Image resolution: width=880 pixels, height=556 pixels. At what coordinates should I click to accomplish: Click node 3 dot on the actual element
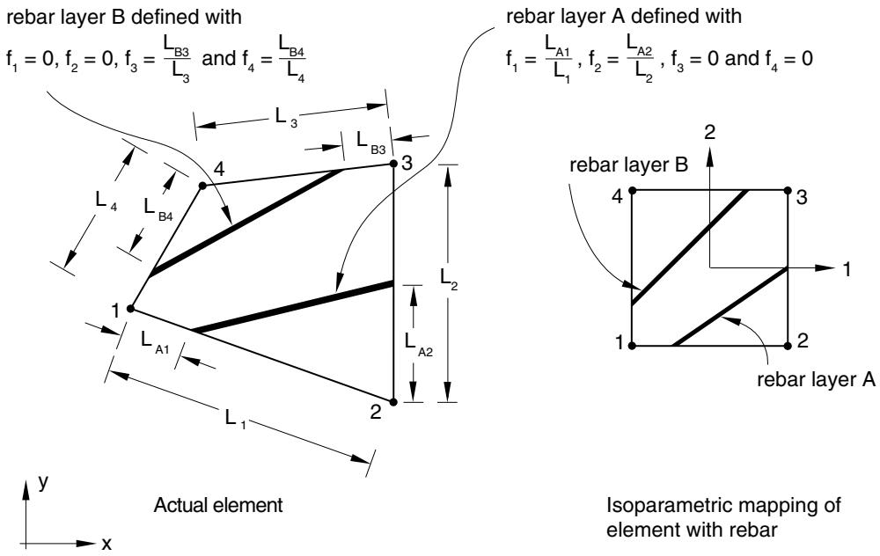[x=393, y=164]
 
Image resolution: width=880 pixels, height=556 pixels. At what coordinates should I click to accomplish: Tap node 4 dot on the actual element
[x=202, y=185]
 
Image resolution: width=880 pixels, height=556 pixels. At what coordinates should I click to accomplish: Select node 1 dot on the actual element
[x=130, y=309]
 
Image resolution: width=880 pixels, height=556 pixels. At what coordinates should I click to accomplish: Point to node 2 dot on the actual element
[x=393, y=402]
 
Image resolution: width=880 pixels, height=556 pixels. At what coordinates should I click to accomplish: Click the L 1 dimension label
[x=235, y=419]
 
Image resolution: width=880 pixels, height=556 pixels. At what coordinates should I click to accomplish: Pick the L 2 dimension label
[x=449, y=279]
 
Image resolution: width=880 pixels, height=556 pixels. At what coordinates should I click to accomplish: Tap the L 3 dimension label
[x=286, y=117]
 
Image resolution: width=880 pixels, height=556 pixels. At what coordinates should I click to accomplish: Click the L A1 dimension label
[x=155, y=342]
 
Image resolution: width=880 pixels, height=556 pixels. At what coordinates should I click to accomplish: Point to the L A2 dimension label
[x=419, y=343]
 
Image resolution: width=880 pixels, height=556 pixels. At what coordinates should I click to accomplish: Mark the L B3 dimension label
[x=371, y=142]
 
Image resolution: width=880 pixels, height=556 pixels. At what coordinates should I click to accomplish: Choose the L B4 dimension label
[x=158, y=209]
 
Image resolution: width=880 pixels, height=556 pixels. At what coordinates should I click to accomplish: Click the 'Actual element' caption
[x=218, y=505]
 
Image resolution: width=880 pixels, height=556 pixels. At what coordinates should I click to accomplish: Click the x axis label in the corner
[x=106, y=543]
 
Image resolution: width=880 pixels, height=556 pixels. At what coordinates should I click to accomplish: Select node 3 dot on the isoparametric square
[x=788, y=191]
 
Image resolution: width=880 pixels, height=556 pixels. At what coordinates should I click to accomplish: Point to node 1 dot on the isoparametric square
[x=633, y=346]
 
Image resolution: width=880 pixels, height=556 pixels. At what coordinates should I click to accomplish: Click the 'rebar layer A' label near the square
[x=816, y=380]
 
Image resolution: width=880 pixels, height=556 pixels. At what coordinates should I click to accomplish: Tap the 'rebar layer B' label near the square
[x=628, y=165]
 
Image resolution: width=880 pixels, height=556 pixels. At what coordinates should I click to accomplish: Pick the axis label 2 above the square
[x=710, y=133]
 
